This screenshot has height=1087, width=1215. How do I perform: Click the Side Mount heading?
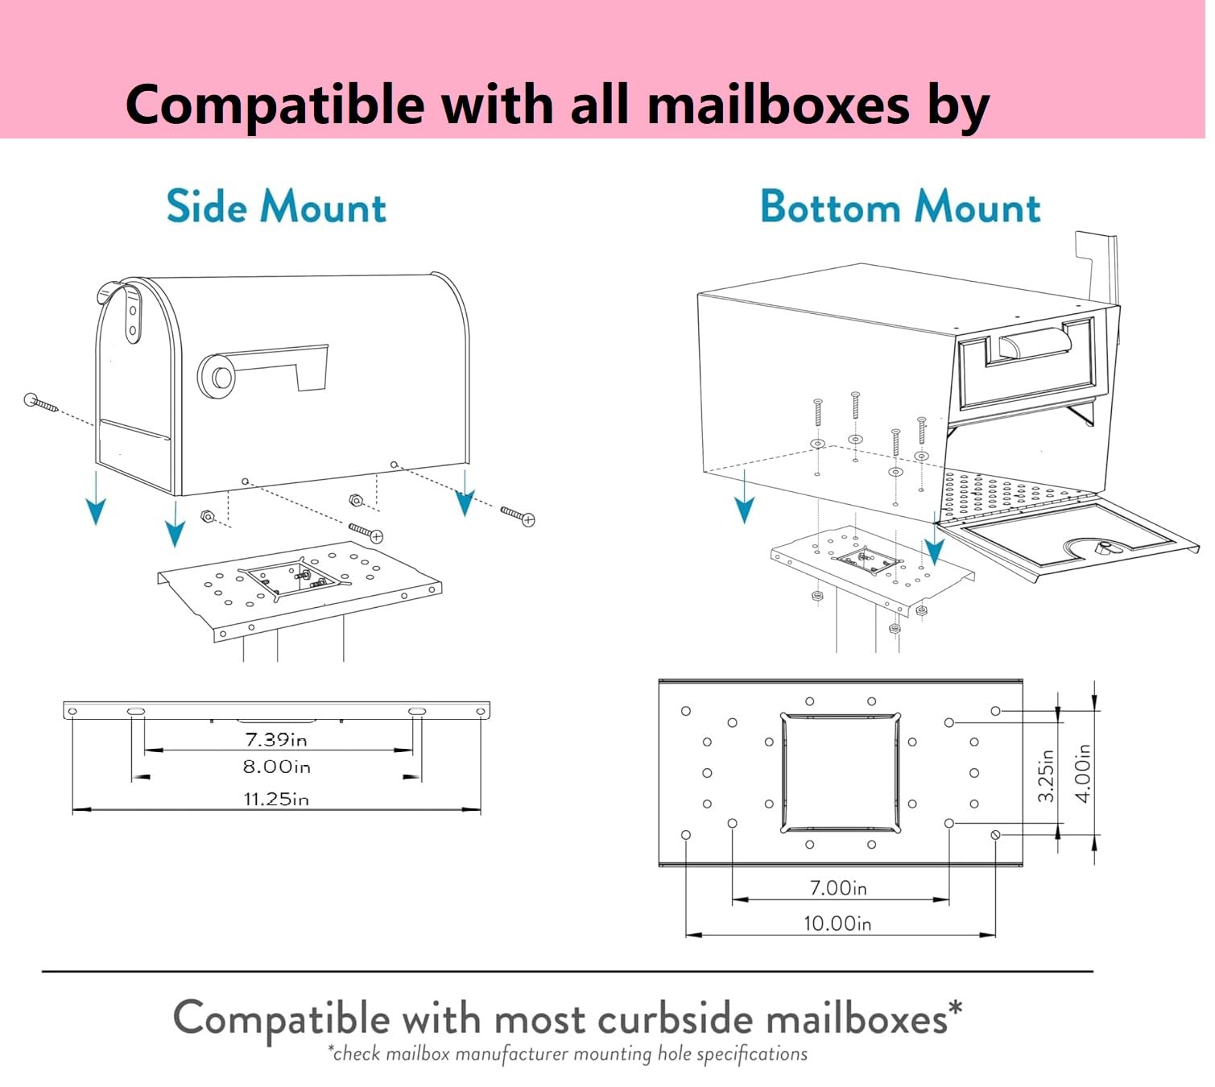[x=276, y=206]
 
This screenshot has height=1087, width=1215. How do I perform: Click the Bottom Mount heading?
[x=900, y=206]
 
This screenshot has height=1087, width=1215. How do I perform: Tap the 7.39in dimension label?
[x=276, y=739]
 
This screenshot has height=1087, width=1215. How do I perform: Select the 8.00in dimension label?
[x=276, y=766]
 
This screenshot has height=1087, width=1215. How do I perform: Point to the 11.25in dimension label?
[x=276, y=799]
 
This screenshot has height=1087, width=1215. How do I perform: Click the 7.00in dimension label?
[x=838, y=887]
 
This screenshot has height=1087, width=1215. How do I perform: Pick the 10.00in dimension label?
[x=837, y=924]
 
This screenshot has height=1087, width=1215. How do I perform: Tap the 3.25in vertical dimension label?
[x=1046, y=775]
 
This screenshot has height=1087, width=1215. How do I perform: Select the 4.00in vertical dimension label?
[x=1084, y=773]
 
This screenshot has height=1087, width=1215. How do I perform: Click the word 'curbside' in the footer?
[x=675, y=1020]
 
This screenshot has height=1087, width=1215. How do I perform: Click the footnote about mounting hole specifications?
[x=568, y=1053]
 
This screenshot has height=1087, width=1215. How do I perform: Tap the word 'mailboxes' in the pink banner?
[x=779, y=105]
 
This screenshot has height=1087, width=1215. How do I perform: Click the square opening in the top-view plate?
[x=840, y=773]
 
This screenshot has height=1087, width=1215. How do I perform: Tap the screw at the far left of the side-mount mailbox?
[x=40, y=403]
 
